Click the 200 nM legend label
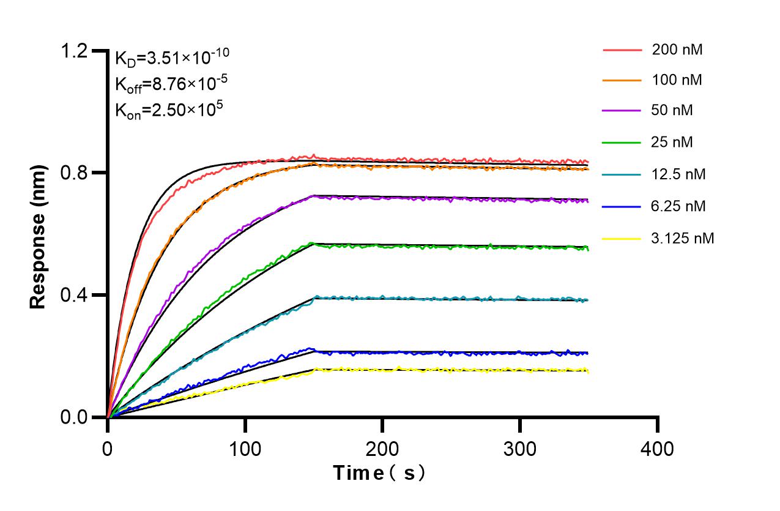point(677,50)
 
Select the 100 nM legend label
point(677,80)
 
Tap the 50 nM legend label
point(673,111)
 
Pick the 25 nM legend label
point(673,143)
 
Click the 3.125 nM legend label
point(683,238)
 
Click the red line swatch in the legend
point(623,50)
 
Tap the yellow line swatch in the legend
point(623,238)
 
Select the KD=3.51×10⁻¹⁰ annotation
point(172,58)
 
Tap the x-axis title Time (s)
point(379,473)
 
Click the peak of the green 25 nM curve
point(312,243)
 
